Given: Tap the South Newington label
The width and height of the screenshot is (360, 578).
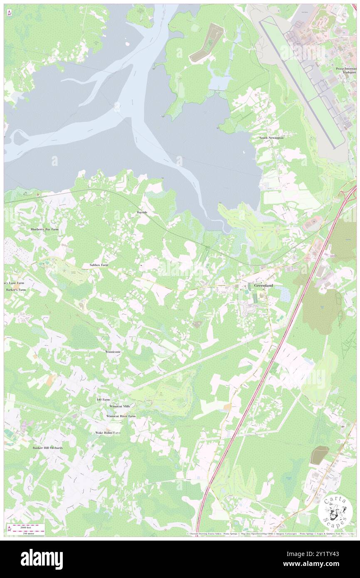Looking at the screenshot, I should [271, 138].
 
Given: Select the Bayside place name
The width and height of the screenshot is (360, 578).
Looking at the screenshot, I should [142, 212].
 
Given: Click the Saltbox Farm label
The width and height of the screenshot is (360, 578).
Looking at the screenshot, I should [99, 264].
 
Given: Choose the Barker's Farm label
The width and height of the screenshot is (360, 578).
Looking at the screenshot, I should [16, 289].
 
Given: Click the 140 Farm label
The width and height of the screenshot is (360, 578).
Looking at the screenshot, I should [103, 399].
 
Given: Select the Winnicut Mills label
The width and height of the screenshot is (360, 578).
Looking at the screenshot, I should [120, 406].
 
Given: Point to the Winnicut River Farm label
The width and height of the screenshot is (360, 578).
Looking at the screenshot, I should [121, 416].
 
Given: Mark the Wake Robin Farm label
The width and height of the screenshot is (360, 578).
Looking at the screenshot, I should [108, 432].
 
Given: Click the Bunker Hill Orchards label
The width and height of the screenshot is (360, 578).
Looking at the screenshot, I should [48, 448].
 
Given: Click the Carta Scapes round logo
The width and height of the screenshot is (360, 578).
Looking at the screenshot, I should [335, 511].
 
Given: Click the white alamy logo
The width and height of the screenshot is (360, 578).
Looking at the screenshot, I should [42, 559].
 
